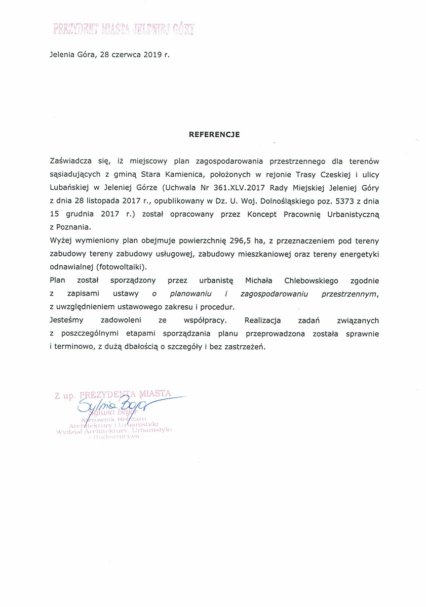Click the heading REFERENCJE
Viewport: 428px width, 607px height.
214,135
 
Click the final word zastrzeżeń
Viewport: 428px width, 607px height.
245,347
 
